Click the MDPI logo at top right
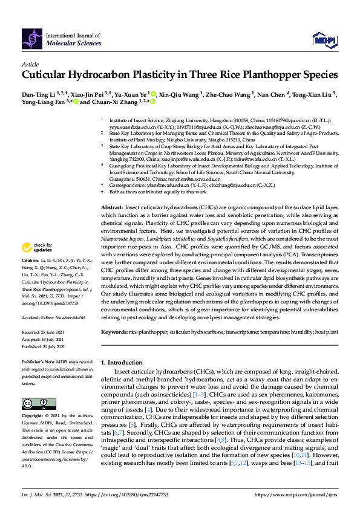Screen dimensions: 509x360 (x=325, y=40)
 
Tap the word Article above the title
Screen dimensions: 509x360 (x=30, y=63)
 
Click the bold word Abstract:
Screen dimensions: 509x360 (x=112, y=207)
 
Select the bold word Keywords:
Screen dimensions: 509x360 (x=114, y=332)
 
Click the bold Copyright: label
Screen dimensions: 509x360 (x=34, y=416)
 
